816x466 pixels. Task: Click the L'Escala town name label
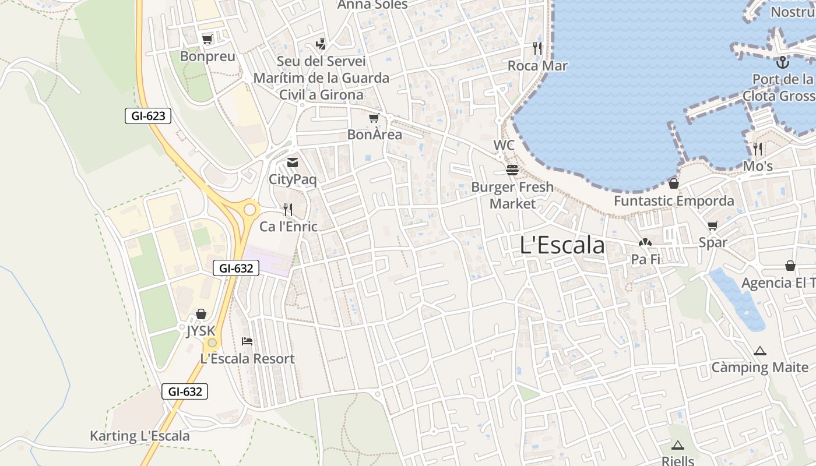tap(562, 245)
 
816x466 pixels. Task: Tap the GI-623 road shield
tap(148, 116)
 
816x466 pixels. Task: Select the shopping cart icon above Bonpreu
tap(207, 40)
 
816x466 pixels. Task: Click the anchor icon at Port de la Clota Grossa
tap(782, 62)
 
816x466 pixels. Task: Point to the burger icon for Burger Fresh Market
tap(512, 170)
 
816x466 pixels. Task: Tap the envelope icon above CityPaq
tap(293, 163)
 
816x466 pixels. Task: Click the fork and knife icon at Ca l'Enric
tap(288, 209)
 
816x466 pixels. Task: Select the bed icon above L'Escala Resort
tap(247, 341)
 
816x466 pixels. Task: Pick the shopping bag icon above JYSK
tap(201, 315)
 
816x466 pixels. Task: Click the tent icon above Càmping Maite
tap(759, 351)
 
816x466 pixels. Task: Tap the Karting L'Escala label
tap(140, 436)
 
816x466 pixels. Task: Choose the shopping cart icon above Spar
tap(713, 225)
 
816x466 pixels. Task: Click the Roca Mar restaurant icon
tap(537, 48)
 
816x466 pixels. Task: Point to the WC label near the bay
tap(504, 145)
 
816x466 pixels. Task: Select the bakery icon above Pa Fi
tap(645, 242)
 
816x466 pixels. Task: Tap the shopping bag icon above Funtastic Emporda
tap(674, 183)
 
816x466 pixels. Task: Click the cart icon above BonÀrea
tap(374, 118)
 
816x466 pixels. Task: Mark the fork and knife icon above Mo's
tap(758, 149)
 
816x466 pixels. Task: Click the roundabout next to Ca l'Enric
tap(250, 209)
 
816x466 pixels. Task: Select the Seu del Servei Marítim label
tap(321, 77)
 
